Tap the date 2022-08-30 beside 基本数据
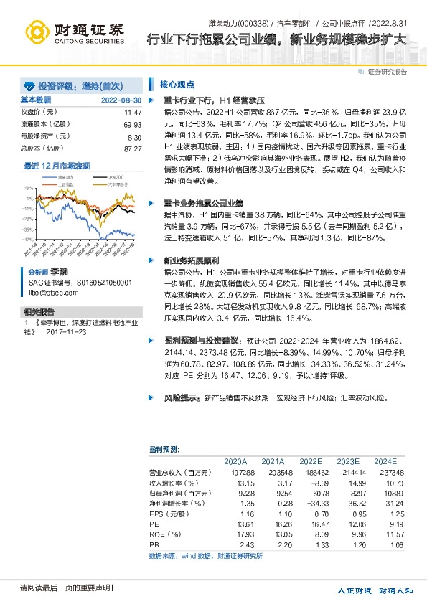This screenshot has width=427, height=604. point(121,100)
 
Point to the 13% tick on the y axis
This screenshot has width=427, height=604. point(29,187)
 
